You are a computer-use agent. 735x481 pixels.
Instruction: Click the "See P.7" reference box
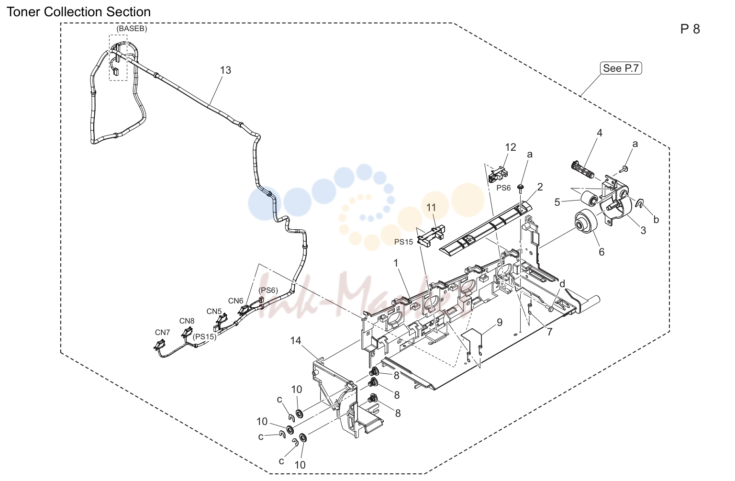pyautogui.click(x=621, y=68)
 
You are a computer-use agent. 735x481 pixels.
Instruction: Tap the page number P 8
pyautogui.click(x=690, y=29)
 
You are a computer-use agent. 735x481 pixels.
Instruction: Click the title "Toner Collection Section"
pyautogui.click(x=79, y=12)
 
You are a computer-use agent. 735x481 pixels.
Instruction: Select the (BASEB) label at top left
pyautogui.click(x=132, y=29)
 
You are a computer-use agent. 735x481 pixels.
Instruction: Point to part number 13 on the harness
pyautogui.click(x=225, y=70)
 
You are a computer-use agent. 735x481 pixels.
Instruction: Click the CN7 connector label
pyautogui.click(x=162, y=332)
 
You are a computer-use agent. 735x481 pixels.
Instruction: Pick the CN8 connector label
pyautogui.click(x=187, y=321)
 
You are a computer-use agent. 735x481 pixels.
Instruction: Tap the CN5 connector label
pyautogui.click(x=214, y=312)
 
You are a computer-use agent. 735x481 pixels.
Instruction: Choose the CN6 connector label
pyautogui.click(x=235, y=301)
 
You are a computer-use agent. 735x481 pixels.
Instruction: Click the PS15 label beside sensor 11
pyautogui.click(x=403, y=242)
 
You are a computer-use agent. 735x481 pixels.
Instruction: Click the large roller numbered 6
pyautogui.click(x=586, y=222)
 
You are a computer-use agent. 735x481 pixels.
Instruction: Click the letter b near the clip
pyautogui.click(x=656, y=220)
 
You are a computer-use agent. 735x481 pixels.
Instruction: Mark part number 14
pyautogui.click(x=296, y=341)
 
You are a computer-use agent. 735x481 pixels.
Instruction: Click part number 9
pyautogui.click(x=500, y=323)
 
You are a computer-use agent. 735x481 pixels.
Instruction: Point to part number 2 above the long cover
pyautogui.click(x=540, y=187)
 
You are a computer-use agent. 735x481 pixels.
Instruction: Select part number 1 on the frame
pyautogui.click(x=396, y=263)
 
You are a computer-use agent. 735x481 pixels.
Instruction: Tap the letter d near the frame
pyautogui.click(x=562, y=284)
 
